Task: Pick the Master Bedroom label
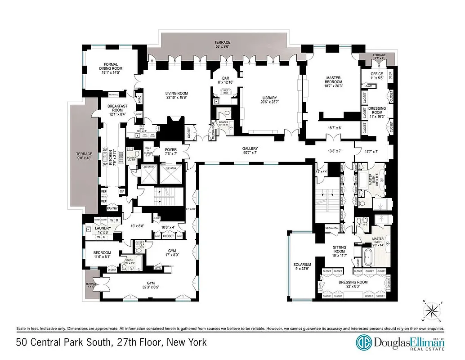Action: pos(334,80)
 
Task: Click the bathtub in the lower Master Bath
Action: pos(369,258)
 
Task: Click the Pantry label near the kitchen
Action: pos(112,208)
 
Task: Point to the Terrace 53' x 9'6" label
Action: pos(222,44)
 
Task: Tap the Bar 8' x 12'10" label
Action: pos(224,80)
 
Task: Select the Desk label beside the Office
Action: pos(390,75)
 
